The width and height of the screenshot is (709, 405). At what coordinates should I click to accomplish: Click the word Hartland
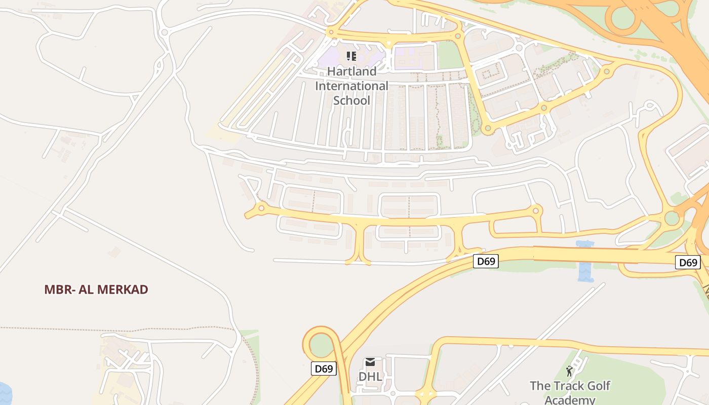coord(351,71)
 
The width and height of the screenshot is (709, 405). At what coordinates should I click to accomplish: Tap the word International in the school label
coord(351,86)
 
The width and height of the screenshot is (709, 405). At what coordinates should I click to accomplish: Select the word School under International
coord(351,100)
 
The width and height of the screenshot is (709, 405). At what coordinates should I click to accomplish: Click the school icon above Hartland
coord(351,56)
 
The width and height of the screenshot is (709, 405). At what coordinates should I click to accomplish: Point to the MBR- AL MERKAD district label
coord(96,290)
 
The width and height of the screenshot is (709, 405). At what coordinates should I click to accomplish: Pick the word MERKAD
coord(123,290)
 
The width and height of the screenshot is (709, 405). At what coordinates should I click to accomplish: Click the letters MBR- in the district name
coord(57,290)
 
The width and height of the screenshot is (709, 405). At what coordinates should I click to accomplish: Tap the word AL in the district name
coord(84,290)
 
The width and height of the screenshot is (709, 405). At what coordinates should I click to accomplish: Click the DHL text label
coord(370,377)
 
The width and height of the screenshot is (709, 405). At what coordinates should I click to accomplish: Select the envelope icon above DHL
coord(370,362)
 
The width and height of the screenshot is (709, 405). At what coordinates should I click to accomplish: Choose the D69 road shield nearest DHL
coord(324,369)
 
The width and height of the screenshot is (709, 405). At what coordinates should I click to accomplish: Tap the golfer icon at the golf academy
coord(569,371)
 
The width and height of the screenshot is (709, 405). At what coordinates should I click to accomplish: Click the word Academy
coord(570,400)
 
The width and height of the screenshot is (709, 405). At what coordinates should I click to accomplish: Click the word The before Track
coord(539,386)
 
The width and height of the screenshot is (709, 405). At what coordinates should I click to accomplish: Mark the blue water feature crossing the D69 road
coord(585,263)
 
